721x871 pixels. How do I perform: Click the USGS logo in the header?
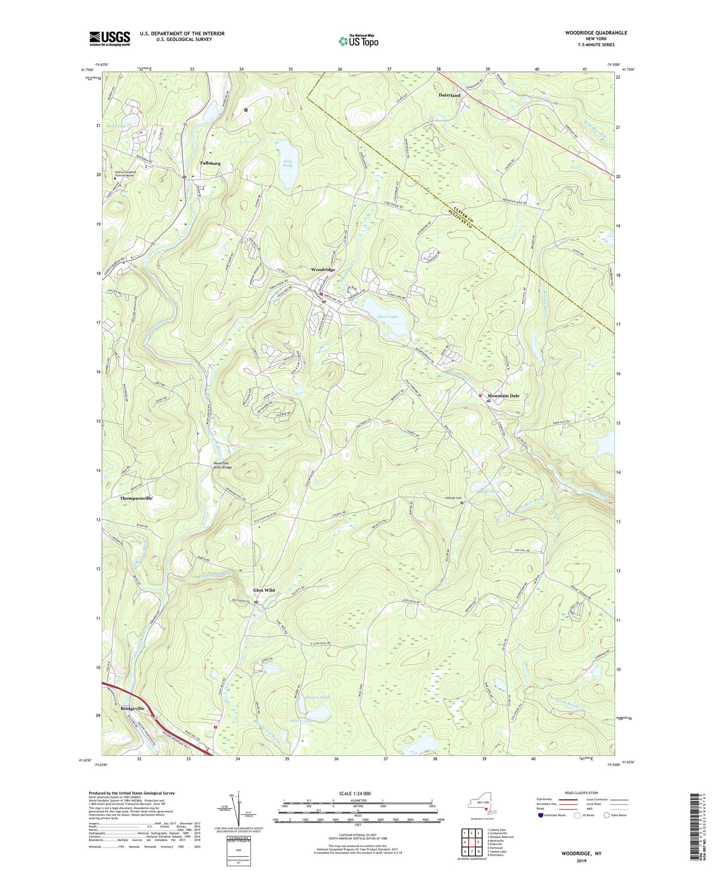click(110, 38)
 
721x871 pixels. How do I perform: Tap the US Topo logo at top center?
click(358, 41)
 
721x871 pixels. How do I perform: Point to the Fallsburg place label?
click(210, 163)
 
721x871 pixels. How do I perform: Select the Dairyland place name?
click(449, 95)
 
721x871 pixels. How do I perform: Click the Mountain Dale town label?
click(503, 396)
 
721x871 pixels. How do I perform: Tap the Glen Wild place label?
click(264, 590)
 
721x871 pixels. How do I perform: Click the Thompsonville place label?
click(136, 498)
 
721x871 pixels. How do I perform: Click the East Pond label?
click(287, 163)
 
